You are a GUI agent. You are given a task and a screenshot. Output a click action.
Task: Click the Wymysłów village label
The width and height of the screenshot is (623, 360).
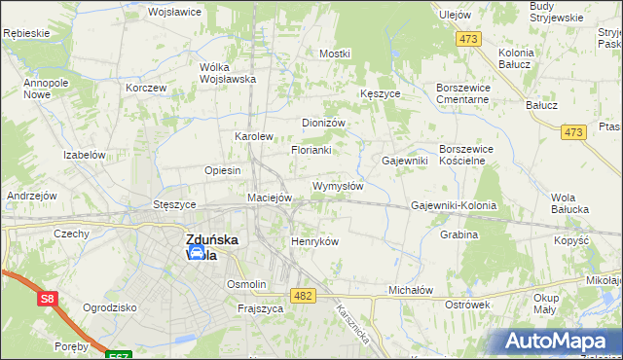(337, 186)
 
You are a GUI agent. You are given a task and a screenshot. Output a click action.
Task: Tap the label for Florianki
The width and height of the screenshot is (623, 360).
(311, 150)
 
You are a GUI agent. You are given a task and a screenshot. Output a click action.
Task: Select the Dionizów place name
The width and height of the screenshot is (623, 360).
(324, 123)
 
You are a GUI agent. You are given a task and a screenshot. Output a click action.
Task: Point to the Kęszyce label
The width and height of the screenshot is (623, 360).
(380, 93)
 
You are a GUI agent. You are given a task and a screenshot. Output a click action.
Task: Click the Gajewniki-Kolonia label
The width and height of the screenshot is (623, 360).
(454, 206)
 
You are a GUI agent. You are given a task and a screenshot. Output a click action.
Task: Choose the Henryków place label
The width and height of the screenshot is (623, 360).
(314, 241)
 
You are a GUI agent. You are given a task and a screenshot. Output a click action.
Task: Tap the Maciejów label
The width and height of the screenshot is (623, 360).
(270, 198)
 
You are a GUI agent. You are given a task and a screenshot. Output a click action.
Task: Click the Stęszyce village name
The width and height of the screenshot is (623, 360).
(174, 205)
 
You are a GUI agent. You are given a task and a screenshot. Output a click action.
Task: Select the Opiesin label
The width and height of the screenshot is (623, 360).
(222, 170)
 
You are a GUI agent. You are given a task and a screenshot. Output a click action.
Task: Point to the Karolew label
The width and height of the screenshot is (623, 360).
(253, 136)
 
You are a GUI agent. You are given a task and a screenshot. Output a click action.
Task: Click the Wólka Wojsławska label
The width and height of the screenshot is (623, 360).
(227, 73)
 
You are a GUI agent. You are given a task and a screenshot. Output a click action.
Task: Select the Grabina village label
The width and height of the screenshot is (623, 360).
(458, 234)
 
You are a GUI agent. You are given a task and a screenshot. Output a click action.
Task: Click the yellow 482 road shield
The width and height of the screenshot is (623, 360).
(302, 294)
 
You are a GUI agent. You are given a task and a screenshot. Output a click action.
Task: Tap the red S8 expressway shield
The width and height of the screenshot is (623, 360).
(48, 300)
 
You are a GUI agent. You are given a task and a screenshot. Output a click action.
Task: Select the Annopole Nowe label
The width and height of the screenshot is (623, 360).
(43, 90)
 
